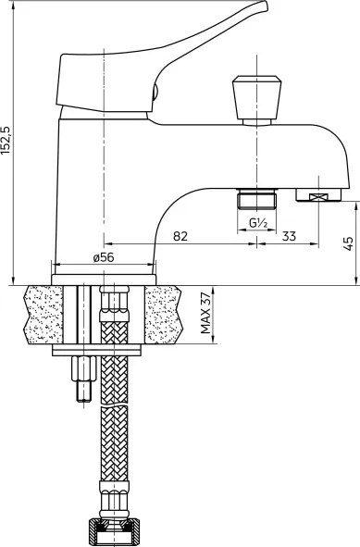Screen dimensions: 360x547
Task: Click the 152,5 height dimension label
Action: tap(6, 141)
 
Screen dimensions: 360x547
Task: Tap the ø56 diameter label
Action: tap(104, 257)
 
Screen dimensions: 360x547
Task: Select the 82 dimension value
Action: tap(180, 236)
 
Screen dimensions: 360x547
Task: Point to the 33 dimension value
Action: tap(289, 236)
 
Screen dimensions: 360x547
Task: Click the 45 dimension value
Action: tap(348, 243)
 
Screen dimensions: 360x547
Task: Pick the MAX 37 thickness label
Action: tap(205, 313)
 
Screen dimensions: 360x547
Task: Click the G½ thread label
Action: tap(258, 223)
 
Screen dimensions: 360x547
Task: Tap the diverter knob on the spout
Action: tap(256, 100)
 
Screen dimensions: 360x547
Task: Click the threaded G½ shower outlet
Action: tap(256, 199)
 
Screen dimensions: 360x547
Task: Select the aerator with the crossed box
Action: tap(318, 194)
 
